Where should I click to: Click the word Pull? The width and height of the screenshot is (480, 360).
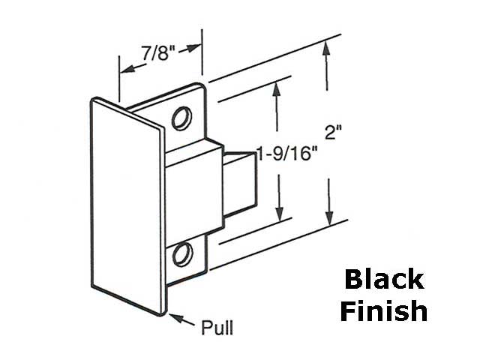pos(218,328)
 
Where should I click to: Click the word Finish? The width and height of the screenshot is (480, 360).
pos(383,310)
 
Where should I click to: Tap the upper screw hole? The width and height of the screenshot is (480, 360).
pos(181,118)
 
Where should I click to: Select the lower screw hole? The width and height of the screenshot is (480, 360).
pos(181,255)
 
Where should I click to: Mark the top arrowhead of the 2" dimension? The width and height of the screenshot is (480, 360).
pos(326,49)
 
